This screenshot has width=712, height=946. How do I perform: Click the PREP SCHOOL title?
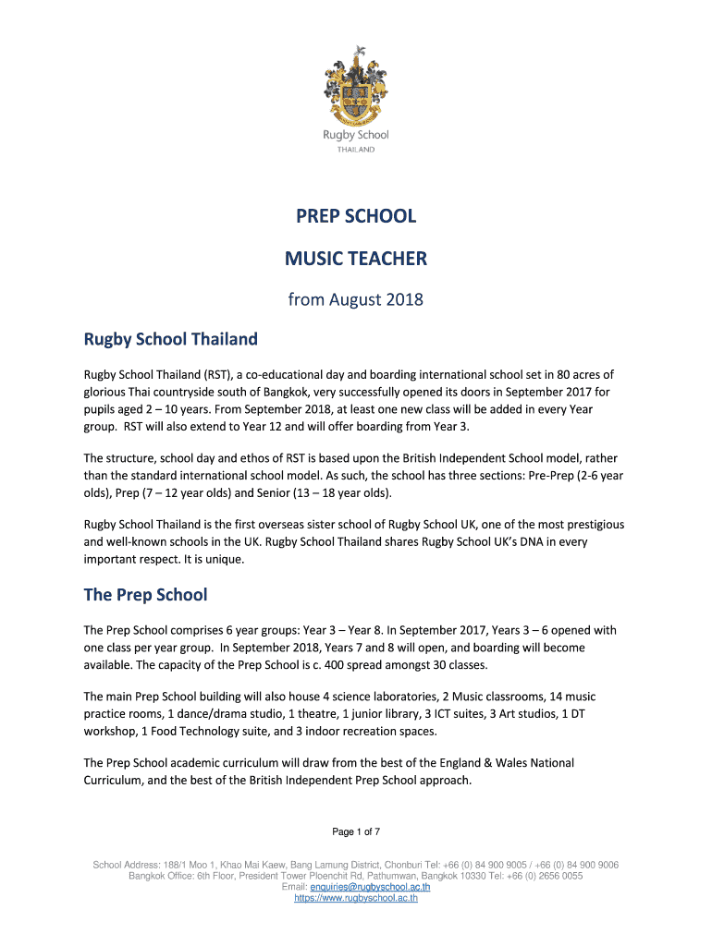pyautogui.click(x=356, y=216)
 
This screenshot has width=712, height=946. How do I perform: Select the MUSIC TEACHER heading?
pyautogui.click(x=356, y=258)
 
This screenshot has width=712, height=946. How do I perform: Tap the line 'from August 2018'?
pyautogui.click(x=356, y=299)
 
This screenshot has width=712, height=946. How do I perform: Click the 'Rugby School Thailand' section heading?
pyautogui.click(x=171, y=339)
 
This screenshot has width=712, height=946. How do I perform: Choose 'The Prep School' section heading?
pyautogui.click(x=145, y=594)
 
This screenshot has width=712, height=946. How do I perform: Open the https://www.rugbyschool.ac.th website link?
pyautogui.click(x=356, y=897)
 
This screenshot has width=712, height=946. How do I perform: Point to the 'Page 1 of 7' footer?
pyautogui.click(x=356, y=832)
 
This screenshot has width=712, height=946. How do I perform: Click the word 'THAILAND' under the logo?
pyautogui.click(x=356, y=149)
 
